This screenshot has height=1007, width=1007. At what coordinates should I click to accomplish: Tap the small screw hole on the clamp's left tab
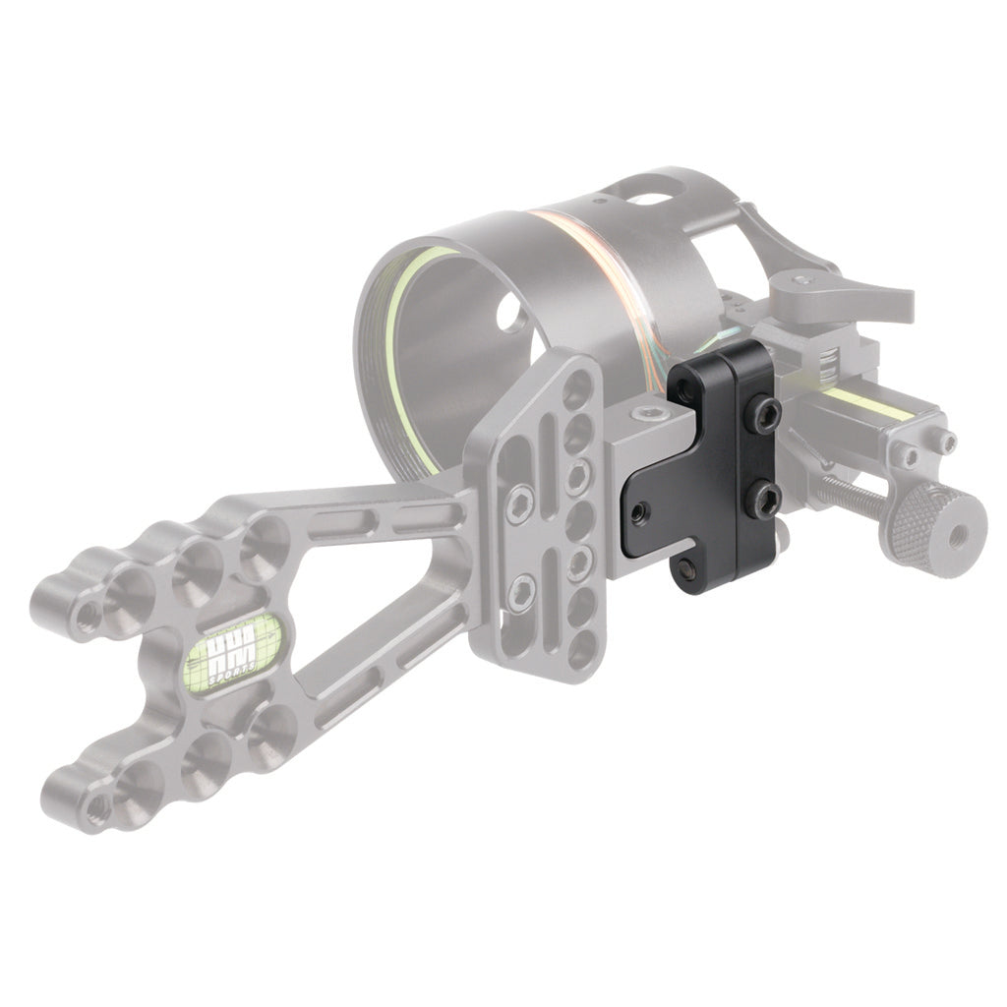click(640, 510)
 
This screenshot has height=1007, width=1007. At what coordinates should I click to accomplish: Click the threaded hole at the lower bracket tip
click(95, 808)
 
